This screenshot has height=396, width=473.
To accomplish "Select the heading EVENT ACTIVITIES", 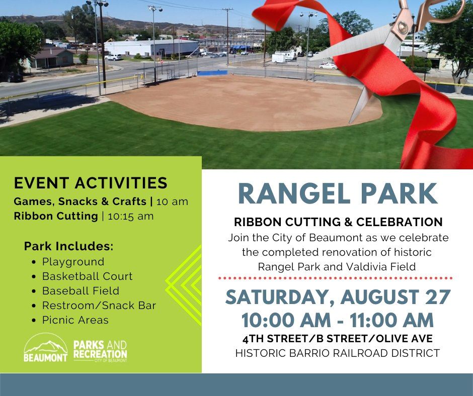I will point(91,182).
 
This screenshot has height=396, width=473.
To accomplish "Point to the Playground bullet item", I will point(73,262).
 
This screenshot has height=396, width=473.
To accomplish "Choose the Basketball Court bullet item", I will point(87,276).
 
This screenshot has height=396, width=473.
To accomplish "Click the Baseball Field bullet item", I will point(81,291).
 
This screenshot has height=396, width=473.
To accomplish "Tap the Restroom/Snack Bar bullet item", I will point(99,306).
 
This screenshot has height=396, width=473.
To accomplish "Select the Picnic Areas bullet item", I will point(75,320).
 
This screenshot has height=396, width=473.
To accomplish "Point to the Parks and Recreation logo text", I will point(100,351).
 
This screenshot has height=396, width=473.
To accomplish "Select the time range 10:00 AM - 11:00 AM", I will point(337,320).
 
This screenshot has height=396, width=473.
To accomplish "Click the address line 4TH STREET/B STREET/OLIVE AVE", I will point(337,339).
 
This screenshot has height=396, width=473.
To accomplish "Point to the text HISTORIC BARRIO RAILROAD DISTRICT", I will point(337,353).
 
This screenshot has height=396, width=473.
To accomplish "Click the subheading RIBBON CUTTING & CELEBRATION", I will point(338,222).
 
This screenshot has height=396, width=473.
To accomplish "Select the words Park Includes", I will point(68,247).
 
